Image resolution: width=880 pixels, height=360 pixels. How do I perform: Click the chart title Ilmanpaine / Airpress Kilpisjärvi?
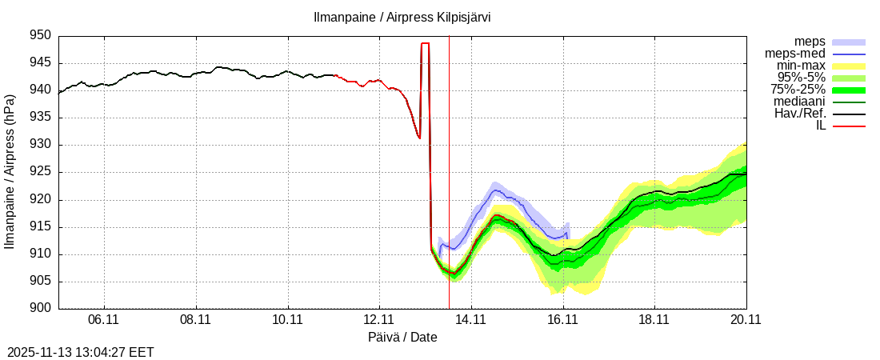tap(402, 17)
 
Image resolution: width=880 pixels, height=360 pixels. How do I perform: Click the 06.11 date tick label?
tap(104, 319)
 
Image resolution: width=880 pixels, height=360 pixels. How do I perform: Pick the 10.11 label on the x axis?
tap(288, 319)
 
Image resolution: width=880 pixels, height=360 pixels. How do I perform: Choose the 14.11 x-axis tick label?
tap(471, 319)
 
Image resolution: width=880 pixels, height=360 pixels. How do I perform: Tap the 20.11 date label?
tap(746, 319)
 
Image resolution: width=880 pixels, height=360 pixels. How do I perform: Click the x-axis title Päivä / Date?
tap(402, 337)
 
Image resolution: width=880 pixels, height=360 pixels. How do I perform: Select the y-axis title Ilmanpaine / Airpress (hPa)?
tap(10, 172)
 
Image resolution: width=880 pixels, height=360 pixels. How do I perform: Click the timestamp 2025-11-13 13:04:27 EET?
tap(81, 352)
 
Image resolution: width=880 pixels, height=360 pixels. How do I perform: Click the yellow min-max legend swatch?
tap(849, 66)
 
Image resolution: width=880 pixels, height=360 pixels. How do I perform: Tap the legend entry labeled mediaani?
tap(799, 102)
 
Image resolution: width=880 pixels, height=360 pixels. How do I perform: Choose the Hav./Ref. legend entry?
tap(800, 114)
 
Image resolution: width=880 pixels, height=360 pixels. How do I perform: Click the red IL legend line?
tap(849, 126)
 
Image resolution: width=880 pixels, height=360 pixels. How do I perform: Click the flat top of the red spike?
tap(425, 43)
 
